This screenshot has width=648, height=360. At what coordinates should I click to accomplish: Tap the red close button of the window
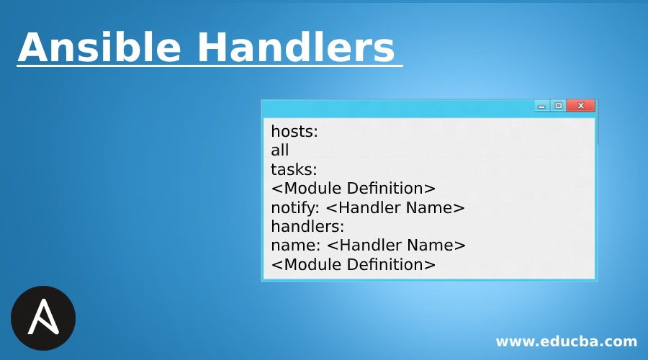pos(580,106)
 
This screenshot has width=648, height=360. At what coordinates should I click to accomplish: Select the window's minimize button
pos(542,106)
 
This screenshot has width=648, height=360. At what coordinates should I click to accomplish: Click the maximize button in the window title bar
pos(558,106)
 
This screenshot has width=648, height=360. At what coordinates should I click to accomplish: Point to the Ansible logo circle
pos(43,318)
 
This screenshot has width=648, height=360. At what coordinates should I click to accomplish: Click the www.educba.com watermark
pos(566,341)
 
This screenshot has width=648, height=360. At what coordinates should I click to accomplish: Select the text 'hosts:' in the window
pos(294,132)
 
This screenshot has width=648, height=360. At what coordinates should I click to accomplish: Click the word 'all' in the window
pos(280,150)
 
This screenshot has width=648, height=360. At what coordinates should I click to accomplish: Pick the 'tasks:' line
pos(294,169)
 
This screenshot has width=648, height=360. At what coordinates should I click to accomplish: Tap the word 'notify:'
pos(296,207)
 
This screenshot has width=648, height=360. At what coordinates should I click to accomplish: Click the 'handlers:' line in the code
pos(307,226)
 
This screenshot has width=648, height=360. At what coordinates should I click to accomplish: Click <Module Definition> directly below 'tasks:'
pos(353,189)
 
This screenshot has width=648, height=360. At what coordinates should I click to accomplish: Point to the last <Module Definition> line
pos(353,264)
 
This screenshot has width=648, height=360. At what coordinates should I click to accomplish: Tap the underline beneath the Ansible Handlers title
pos(209,67)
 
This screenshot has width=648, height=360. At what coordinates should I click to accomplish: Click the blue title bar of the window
pos(396,107)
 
